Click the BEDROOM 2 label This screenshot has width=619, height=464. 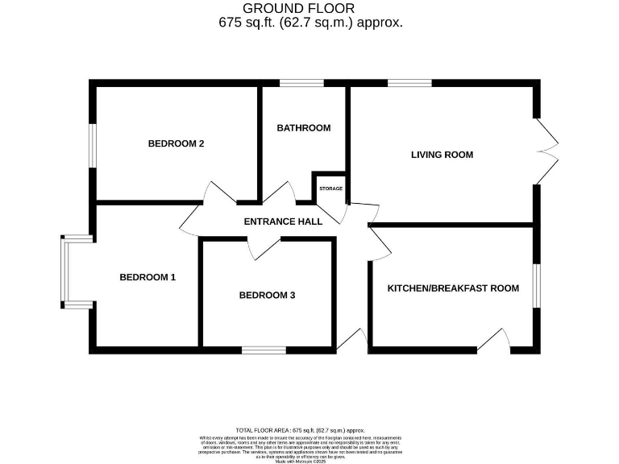click(x=176, y=144)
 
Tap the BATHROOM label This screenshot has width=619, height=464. click(x=303, y=128)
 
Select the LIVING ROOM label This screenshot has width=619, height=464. click(x=442, y=155)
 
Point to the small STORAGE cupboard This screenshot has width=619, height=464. click(x=330, y=188)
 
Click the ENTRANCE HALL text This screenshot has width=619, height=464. click(x=283, y=222)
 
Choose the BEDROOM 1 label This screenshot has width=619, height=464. click(x=147, y=277)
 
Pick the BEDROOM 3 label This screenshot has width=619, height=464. click(x=267, y=296)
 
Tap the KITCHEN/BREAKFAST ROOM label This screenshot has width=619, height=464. click(x=453, y=288)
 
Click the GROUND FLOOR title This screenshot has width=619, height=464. click(x=310, y=9)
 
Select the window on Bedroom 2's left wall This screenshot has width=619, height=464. click(x=93, y=146)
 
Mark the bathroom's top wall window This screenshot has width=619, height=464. click(x=301, y=83)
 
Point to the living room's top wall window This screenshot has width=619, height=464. click(x=409, y=83)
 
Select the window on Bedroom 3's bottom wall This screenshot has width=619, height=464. click(x=264, y=350)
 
